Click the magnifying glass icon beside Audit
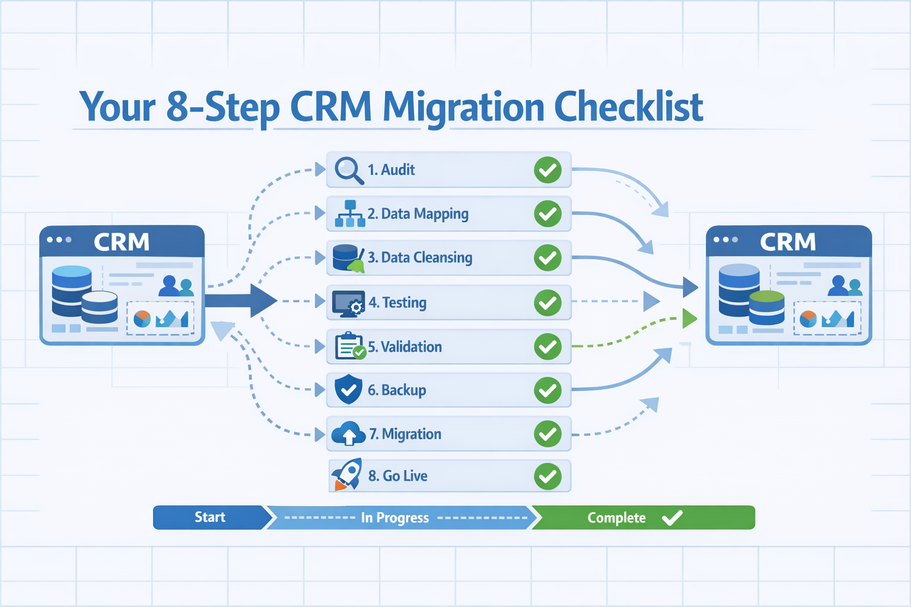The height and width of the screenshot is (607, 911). coord(348,170)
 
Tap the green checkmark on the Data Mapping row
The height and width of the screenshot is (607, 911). coord(547,214)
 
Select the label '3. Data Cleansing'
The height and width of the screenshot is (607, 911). coord(420,258)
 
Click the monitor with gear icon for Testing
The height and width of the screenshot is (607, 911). coord(348,302)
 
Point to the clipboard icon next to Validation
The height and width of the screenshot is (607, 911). coord(349,346)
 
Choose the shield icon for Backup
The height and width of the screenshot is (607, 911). coord(348,389)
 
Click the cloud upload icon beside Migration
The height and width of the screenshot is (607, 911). coord(348,434)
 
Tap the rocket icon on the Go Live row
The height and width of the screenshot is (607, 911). coord(348,475)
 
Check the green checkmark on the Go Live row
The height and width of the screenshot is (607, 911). coord(547,477)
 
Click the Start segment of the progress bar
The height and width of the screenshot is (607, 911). coord(209,517)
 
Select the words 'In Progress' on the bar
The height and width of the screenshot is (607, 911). coord(394,518)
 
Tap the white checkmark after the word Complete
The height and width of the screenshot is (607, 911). coord(672,518)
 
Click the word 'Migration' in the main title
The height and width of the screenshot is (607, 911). coord(463,108)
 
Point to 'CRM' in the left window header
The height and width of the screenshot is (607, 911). coord(122,242)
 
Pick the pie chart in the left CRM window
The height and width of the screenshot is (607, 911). coord(142,319)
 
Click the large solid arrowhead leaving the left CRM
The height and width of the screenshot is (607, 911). coord(263,301)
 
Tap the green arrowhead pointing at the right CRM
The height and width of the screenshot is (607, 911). coord(689,318)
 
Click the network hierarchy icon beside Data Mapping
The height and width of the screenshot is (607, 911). coord(350,214)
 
